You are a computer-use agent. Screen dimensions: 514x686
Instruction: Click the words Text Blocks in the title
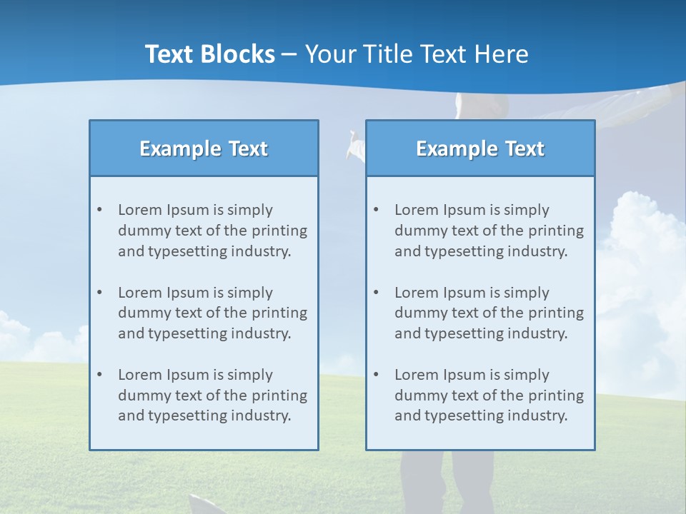click(209, 54)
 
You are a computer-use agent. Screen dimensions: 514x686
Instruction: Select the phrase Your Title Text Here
click(417, 54)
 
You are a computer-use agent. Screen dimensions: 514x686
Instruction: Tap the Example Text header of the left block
click(204, 148)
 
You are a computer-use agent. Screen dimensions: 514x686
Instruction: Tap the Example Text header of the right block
click(480, 148)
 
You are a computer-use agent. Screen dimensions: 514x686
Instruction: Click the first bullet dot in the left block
click(99, 210)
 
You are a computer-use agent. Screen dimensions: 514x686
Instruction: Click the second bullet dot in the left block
click(99, 293)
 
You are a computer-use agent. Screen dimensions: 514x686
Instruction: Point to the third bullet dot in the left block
click(99, 375)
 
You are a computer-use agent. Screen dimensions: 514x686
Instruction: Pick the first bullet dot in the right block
click(376, 210)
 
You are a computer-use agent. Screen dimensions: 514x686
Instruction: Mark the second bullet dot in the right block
click(376, 293)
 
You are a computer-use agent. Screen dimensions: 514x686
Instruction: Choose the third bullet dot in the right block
click(376, 375)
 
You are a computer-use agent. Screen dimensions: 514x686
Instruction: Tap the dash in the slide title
click(290, 54)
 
